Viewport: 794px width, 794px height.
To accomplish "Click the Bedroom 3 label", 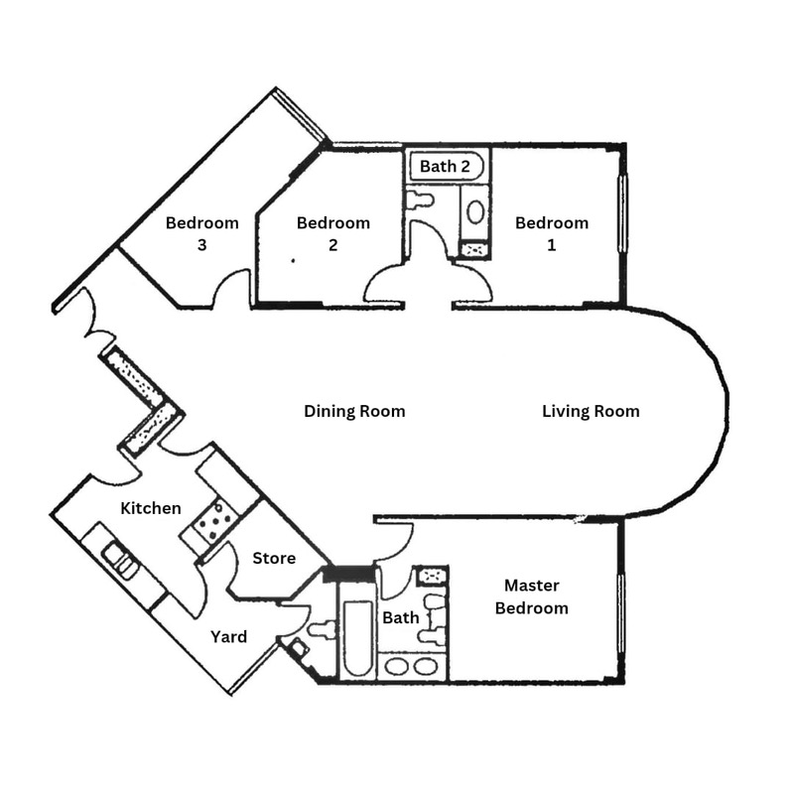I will (x=202, y=233).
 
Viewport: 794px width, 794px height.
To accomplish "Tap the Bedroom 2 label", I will (x=333, y=233).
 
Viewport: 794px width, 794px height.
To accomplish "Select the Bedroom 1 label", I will (x=552, y=233).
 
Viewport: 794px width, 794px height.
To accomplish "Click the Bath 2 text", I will (x=445, y=166).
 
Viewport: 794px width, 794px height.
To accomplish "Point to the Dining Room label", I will (x=354, y=411).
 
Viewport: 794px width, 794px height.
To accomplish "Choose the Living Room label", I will (x=591, y=411).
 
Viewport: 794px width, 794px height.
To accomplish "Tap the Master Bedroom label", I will (x=532, y=596).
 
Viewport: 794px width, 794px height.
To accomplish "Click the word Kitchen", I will (x=151, y=508).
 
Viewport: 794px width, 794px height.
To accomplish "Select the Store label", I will (x=274, y=558).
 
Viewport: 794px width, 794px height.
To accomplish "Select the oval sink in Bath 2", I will (x=476, y=211).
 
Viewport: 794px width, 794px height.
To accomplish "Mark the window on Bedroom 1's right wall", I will (x=623, y=213).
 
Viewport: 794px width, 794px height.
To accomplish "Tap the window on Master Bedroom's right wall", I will (x=622, y=615).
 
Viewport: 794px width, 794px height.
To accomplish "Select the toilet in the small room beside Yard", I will (x=323, y=628).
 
